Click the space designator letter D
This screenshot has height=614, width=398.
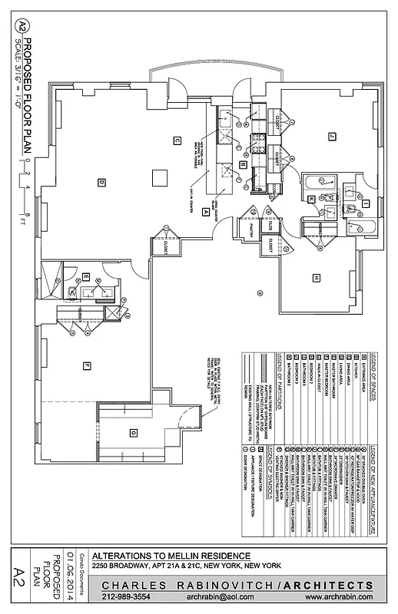tap(101, 182)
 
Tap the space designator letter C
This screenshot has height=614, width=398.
tap(176, 140)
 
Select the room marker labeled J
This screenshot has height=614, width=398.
tap(332, 136)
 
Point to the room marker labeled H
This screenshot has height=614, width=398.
tap(315, 276)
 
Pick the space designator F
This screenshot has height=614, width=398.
tap(88, 365)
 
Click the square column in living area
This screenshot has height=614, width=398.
tap(158, 177)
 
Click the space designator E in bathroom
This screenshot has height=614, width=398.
tap(87, 276)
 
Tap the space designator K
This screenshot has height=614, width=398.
tap(311, 199)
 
